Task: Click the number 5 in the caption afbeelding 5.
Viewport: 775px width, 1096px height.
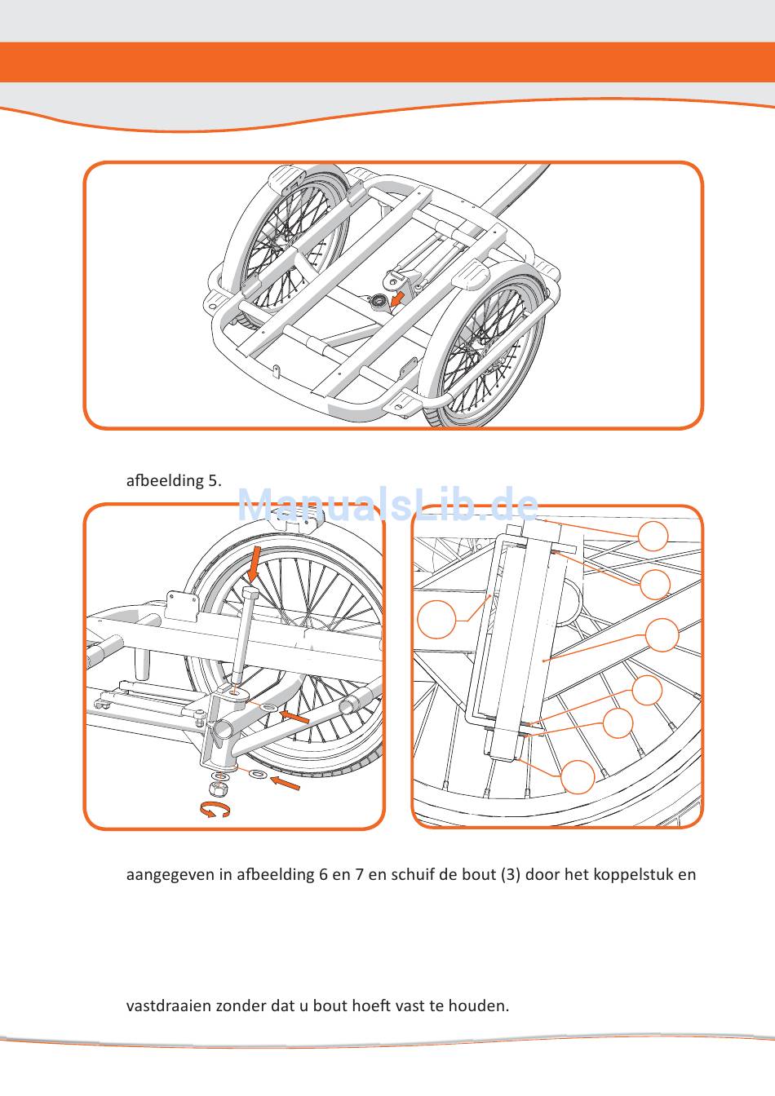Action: [214, 480]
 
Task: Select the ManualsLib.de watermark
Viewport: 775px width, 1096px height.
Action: [388, 506]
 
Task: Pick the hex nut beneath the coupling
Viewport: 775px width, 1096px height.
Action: [217, 789]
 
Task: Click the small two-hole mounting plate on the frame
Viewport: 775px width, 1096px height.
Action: [184, 604]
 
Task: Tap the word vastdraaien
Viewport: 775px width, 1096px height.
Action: [169, 1005]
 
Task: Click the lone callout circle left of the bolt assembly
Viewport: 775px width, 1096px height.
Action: [436, 619]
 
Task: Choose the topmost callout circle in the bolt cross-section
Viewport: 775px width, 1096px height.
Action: [653, 536]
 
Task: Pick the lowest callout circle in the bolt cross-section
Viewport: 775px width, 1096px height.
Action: [578, 776]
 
